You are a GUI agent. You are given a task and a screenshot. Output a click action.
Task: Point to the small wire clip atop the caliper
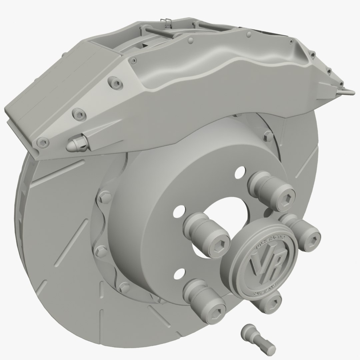tap(164, 21)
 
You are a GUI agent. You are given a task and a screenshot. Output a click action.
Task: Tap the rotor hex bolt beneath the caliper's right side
tap(268, 135)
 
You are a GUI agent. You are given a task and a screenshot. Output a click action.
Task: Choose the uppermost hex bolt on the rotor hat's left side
tap(104, 197)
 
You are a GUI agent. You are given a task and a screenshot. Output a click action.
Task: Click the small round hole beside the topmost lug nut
tap(239, 172)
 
